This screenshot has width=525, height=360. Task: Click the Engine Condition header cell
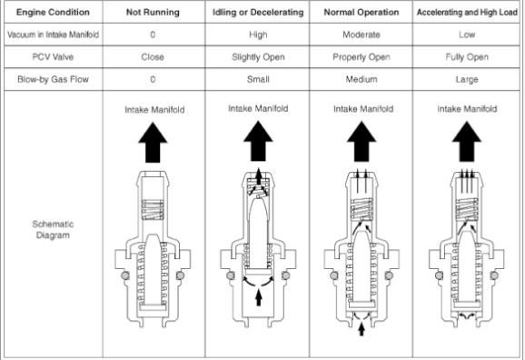(53, 13)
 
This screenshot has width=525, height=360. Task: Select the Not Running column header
(153, 13)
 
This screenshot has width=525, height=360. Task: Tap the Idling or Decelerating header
(258, 13)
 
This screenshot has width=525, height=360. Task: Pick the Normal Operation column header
(362, 13)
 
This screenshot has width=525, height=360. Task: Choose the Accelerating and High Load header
(467, 13)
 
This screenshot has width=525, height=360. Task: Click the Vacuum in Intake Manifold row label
(53, 35)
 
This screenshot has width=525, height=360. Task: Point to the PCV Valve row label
(53, 57)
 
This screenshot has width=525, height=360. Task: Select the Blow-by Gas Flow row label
(53, 79)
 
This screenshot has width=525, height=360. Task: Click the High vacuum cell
(258, 35)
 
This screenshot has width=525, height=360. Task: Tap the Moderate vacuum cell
(362, 35)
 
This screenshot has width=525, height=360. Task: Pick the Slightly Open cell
(258, 57)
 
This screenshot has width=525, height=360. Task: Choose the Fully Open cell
(467, 57)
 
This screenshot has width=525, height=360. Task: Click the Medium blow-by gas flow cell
(362, 79)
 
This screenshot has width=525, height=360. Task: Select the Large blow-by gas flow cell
(467, 80)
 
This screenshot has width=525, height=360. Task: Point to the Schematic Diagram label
(53, 230)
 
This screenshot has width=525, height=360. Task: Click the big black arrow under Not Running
(153, 143)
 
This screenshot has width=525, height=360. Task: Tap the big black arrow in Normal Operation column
(362, 142)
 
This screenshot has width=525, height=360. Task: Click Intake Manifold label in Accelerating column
(467, 109)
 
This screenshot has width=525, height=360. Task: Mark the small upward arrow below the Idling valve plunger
(258, 297)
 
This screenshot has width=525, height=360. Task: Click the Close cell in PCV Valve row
(153, 57)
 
